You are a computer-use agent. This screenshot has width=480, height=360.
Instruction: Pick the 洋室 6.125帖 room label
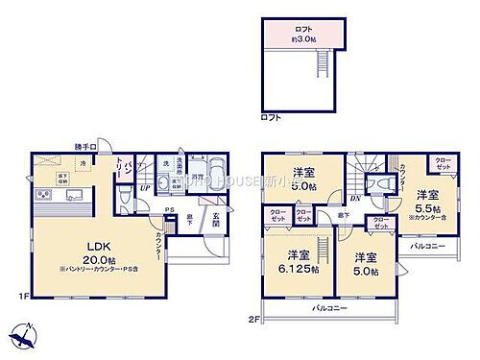(x=293, y=262)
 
